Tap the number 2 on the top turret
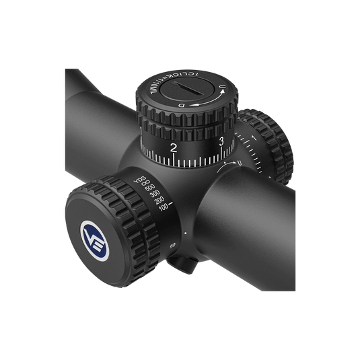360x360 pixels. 175,148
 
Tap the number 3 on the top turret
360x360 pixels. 222,141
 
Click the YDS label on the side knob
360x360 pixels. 140,180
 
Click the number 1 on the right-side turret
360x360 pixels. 252,139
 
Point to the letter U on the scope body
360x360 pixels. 240,163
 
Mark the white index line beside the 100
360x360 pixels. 174,201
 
